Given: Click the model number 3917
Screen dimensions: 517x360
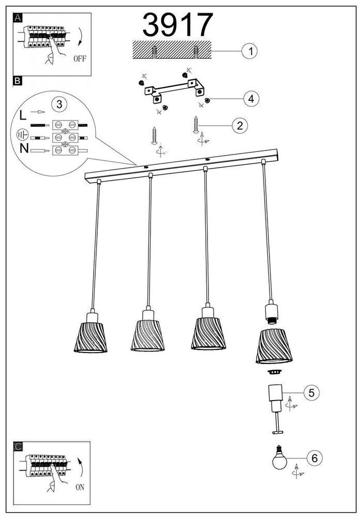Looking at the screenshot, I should pos(177,25).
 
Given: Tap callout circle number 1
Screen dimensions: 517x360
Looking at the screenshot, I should pos(250,51).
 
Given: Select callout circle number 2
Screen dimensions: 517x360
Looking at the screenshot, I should pos(239,125).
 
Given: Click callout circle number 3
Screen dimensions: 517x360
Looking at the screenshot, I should pos(59,104).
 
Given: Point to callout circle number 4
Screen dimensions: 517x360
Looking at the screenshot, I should pos(251,98).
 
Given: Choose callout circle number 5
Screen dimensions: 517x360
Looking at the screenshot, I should pos(311,393).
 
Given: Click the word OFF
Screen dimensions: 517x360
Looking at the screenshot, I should pos(80,58).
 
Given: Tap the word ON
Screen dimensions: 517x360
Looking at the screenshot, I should pos(80,486).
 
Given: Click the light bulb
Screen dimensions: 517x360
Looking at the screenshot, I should pos(280,459).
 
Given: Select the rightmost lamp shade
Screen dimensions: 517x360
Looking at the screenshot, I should pos(274,345).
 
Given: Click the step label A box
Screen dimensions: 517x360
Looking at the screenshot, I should pos(18,18).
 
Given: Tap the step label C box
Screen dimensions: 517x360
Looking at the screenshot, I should pos(18,446).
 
